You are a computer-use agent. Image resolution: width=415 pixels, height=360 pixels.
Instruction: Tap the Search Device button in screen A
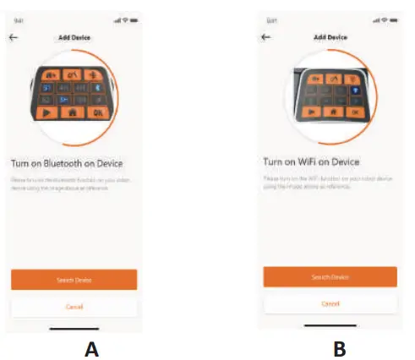(74, 279)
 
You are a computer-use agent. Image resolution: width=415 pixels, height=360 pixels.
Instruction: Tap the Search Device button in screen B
(330, 276)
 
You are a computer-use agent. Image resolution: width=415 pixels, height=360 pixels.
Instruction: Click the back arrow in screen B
(266, 36)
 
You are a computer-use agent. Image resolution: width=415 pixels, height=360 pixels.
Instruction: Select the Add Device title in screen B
(330, 37)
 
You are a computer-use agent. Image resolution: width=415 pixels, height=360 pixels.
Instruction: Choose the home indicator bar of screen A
(74, 328)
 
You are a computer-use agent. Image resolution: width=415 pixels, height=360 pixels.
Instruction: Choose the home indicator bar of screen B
(330, 325)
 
